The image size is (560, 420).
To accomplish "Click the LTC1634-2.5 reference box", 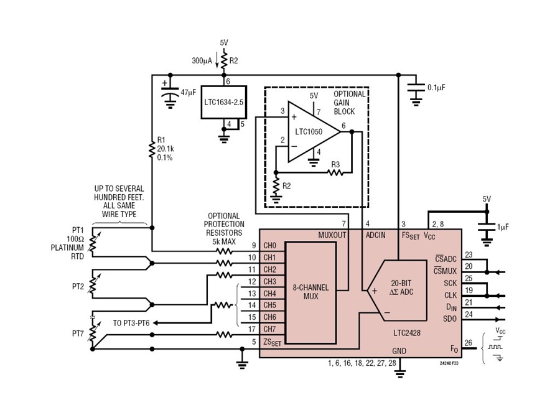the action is (223, 102).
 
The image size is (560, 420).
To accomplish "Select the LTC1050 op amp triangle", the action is (310, 131).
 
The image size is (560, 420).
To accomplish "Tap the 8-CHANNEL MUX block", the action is (310, 292).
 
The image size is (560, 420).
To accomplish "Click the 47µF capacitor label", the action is (188, 93).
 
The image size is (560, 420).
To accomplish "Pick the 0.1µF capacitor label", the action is (436, 88).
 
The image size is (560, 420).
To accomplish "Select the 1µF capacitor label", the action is (503, 226).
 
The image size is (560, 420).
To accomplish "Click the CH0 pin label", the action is (269, 246).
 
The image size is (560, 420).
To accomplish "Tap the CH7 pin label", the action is (269, 329).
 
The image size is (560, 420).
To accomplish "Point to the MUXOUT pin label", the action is (332, 235).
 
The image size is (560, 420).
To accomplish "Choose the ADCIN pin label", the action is (376, 235).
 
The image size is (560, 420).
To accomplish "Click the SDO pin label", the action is (450, 319).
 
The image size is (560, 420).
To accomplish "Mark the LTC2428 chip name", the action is (407, 333).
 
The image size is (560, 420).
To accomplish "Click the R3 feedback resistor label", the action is (335, 165).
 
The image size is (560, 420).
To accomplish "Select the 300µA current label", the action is (202, 61).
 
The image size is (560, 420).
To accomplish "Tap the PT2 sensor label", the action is (78, 286).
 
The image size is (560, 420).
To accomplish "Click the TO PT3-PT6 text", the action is (131, 323).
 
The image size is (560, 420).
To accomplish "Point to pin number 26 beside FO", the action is (468, 343).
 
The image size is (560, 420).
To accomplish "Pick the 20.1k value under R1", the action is (166, 149).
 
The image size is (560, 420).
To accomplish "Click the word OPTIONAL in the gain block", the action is (350, 94).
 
